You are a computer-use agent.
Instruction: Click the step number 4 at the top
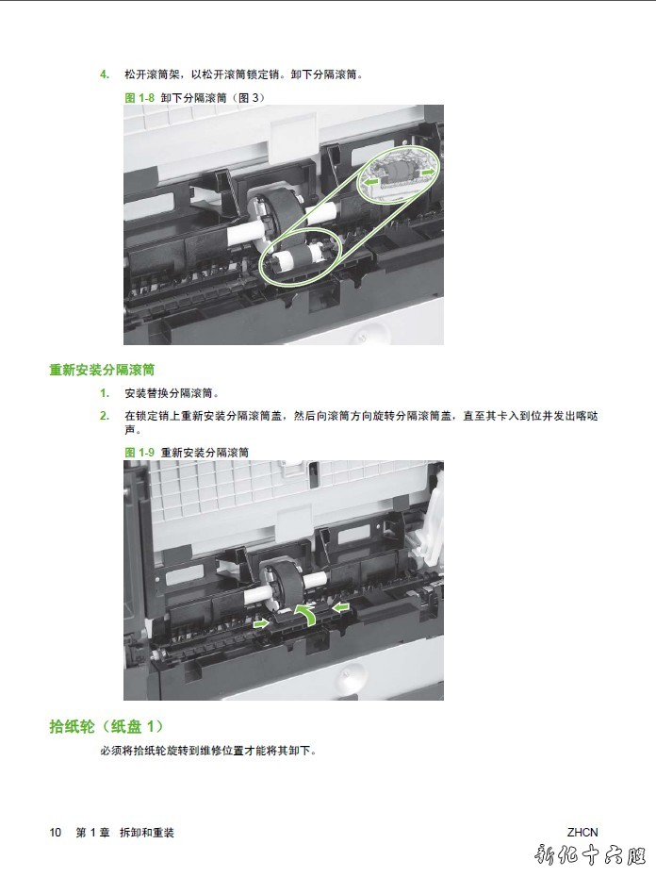104,74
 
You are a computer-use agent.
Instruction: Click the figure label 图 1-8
139,98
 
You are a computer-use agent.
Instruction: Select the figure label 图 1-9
139,453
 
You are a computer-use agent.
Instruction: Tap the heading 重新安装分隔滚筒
102,370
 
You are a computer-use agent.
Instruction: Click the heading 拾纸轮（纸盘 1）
107,726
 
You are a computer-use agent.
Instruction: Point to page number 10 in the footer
55,833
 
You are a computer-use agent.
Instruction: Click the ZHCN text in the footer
582,833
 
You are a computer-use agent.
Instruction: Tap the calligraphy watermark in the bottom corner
589,855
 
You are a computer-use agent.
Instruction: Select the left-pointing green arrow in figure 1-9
340,607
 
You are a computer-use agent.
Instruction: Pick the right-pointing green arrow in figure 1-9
261,623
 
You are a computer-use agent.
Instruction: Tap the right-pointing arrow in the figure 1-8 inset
428,173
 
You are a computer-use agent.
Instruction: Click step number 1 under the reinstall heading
104,393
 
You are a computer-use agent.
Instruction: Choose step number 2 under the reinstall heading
104,416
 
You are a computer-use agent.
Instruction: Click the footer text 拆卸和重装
146,833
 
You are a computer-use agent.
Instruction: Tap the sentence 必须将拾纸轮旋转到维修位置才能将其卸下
208,751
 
